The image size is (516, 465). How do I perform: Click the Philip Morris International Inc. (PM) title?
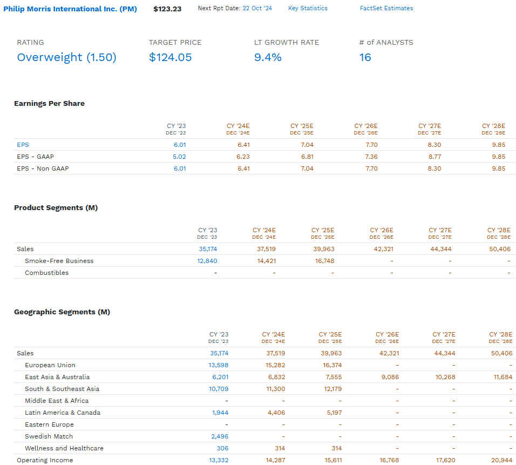(x=70, y=9)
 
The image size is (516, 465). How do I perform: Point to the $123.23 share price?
(x=167, y=9)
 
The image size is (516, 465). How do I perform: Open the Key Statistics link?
(x=308, y=9)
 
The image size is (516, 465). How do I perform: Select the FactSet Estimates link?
(x=386, y=9)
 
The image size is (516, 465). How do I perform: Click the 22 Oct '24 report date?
(x=257, y=9)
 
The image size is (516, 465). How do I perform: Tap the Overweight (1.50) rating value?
(x=66, y=57)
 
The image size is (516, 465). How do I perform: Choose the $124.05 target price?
(x=170, y=57)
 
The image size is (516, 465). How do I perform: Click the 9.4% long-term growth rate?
(x=268, y=57)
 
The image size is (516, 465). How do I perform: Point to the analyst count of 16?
(x=365, y=57)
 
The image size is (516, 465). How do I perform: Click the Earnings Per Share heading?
(x=49, y=104)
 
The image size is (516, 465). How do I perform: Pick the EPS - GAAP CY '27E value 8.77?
(x=434, y=157)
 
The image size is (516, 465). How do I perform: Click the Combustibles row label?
(x=46, y=273)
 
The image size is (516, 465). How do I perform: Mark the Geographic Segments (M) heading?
(x=62, y=312)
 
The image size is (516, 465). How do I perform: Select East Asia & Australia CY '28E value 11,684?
(x=503, y=377)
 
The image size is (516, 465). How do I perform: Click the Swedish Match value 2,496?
(x=219, y=436)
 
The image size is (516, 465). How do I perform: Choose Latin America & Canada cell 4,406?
(x=275, y=413)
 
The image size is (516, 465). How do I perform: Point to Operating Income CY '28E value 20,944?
(x=502, y=460)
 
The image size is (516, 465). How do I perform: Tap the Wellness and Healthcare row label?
(x=64, y=448)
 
